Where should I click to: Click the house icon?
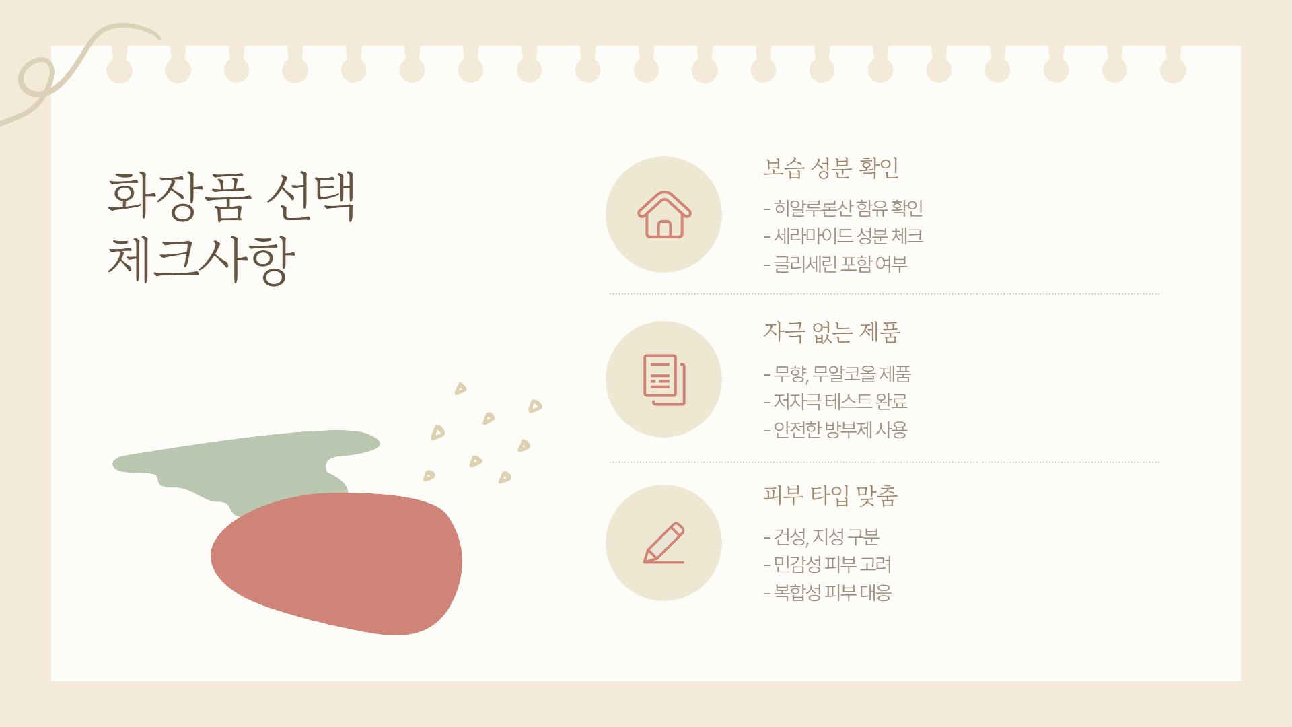(664, 215)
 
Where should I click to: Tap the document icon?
(664, 380)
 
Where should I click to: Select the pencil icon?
(664, 543)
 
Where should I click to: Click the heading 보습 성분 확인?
(831, 168)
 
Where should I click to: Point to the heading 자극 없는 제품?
(832, 332)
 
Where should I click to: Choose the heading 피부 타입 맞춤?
(830, 495)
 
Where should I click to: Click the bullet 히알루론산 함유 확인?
(844, 208)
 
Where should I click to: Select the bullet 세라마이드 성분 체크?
(844, 236)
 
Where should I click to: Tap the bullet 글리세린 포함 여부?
(836, 264)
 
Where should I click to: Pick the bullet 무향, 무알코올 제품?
(838, 374)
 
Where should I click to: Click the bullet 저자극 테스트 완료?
(836, 402)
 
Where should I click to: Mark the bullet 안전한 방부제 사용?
(836, 429)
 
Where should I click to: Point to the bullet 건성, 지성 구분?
(822, 537)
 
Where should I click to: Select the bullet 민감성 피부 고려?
(828, 565)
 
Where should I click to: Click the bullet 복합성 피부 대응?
(828, 593)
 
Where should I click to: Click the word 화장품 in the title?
(180, 196)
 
